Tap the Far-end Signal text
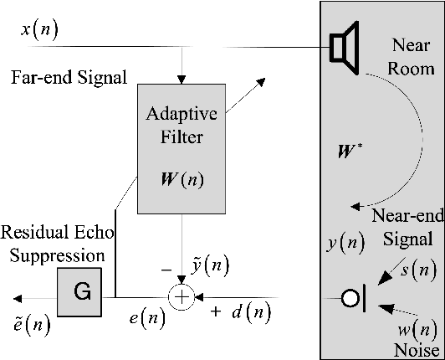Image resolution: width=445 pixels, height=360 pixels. pos(69,78)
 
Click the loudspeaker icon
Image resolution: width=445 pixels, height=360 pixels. pos(340,47)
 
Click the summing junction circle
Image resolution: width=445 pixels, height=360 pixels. pos(180,298)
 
